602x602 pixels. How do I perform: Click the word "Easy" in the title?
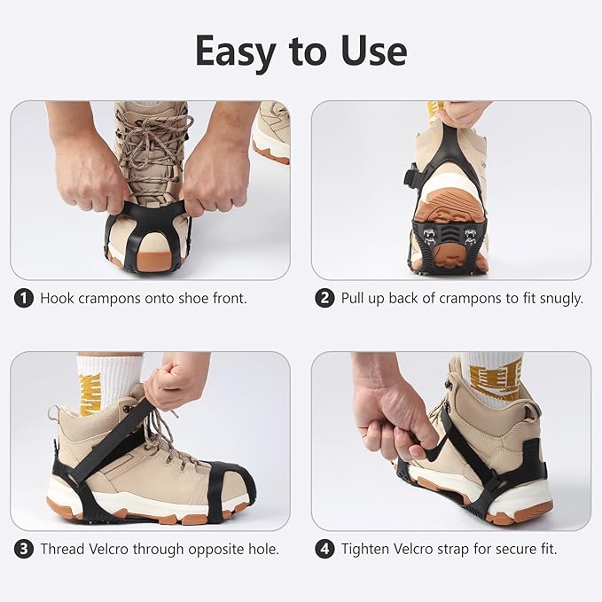pos(236,52)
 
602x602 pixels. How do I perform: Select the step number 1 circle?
pos(24,298)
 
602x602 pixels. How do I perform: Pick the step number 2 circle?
pos(324,298)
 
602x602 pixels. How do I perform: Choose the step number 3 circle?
pos(24,549)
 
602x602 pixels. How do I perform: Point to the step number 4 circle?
pos(324,549)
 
